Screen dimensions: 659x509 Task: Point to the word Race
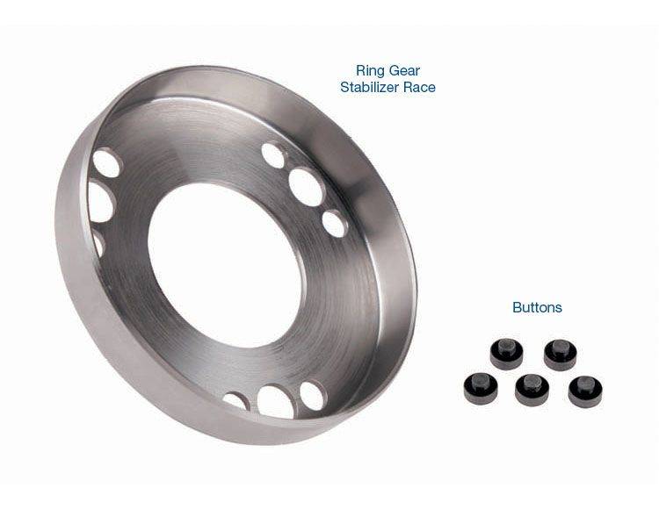419,87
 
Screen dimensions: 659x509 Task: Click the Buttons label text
537,307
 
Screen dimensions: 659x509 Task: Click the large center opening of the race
225,265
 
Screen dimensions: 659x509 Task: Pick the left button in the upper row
506,354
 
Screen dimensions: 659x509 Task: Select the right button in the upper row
561,355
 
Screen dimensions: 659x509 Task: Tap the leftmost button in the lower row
481,389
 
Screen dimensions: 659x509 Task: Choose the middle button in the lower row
532,391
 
